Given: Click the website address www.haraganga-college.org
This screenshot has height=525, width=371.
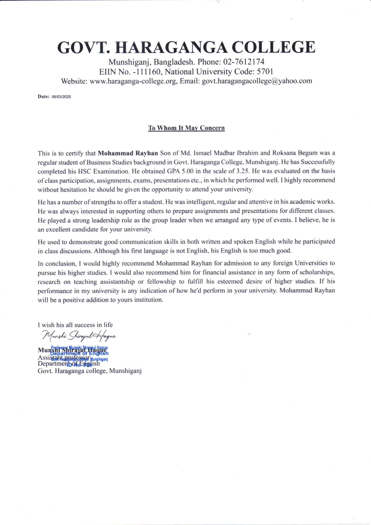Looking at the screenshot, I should click(x=133, y=81).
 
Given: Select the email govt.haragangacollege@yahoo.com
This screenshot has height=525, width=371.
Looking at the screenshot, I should click(x=257, y=81).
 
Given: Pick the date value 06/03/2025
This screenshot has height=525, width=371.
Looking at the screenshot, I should click(x=61, y=97).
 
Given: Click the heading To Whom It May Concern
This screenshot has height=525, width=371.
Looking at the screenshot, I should click(x=186, y=128).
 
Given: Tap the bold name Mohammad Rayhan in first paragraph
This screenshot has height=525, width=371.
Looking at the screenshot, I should click(x=128, y=153).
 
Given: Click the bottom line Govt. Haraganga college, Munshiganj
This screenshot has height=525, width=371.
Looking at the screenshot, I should click(x=89, y=371).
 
